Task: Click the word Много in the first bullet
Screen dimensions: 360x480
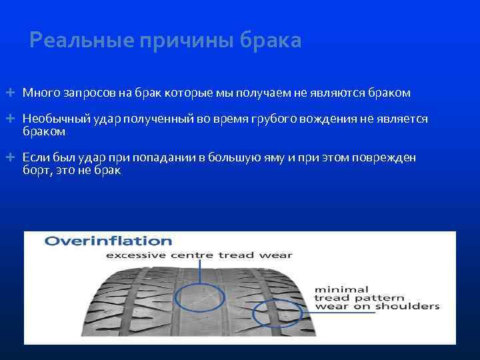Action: (39, 92)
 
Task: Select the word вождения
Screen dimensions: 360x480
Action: (337, 119)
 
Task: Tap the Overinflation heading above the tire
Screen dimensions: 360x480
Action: (108, 241)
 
